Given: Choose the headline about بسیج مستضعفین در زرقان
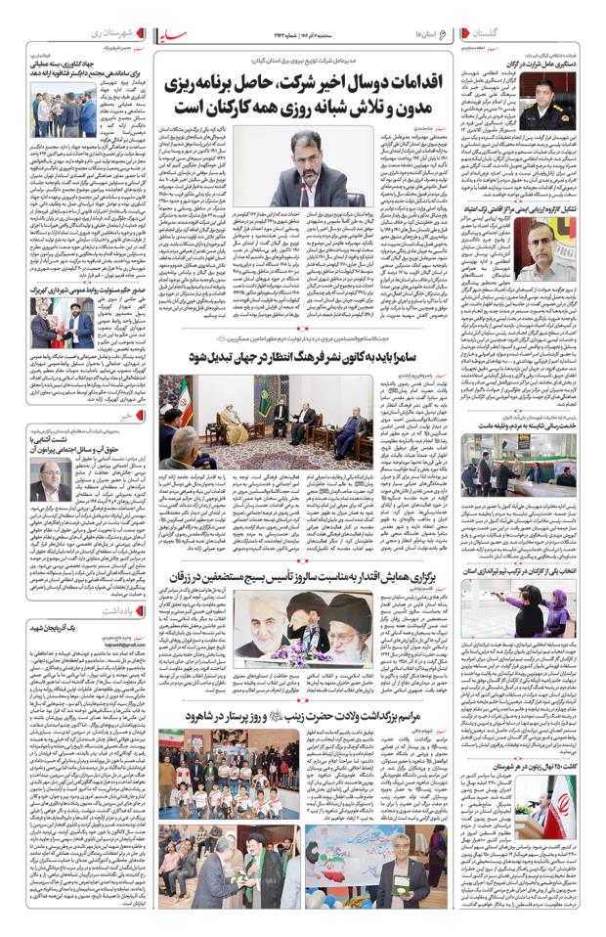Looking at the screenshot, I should coord(313,580).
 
